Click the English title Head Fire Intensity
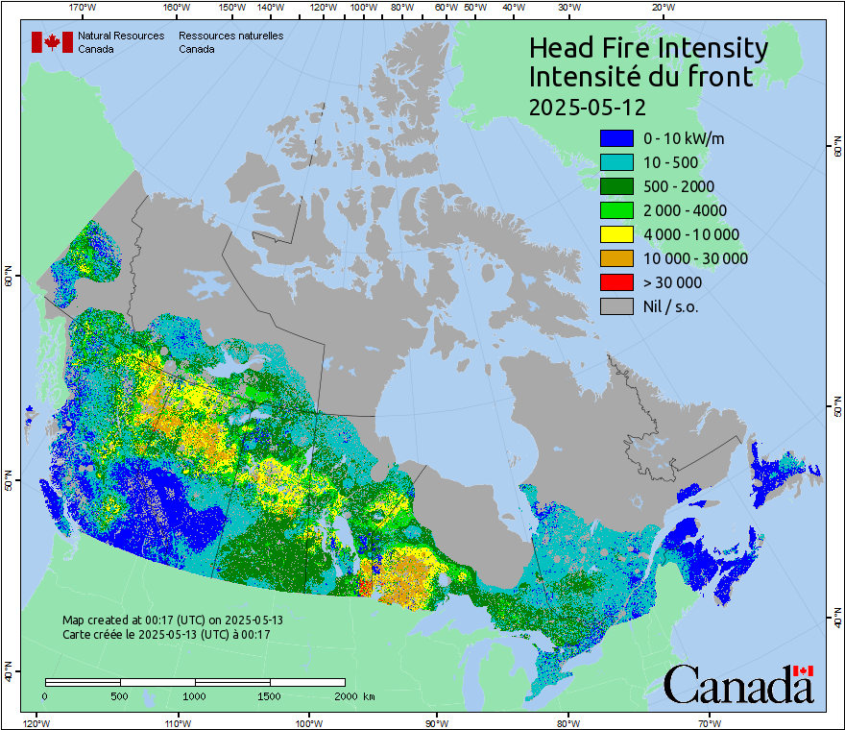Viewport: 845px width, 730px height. pyautogui.click(x=648, y=48)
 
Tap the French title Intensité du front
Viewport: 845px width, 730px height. pyautogui.click(x=641, y=77)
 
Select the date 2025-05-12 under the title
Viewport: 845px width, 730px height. pyautogui.click(x=588, y=106)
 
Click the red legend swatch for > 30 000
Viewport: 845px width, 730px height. pyautogui.click(x=616, y=282)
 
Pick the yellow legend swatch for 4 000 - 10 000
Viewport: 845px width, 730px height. pyautogui.click(x=616, y=234)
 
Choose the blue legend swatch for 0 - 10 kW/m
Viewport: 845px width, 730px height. pyautogui.click(x=616, y=138)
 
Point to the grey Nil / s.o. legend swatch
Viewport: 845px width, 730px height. pyautogui.click(x=616, y=306)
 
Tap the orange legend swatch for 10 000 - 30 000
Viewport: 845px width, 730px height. pyautogui.click(x=616, y=258)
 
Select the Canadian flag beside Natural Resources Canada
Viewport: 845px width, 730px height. pyautogui.click(x=52, y=42)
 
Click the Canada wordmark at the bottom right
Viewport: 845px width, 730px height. pyautogui.click(x=738, y=685)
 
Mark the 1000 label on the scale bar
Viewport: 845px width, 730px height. pyautogui.click(x=195, y=695)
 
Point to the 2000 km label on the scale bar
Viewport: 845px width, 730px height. pyautogui.click(x=353, y=695)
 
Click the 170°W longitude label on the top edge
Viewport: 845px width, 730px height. pyautogui.click(x=84, y=8)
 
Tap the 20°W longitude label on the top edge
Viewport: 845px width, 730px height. pyautogui.click(x=662, y=8)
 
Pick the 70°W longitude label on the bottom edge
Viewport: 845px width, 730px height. pyautogui.click(x=709, y=722)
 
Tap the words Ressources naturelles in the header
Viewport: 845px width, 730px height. pyautogui.click(x=230, y=36)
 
